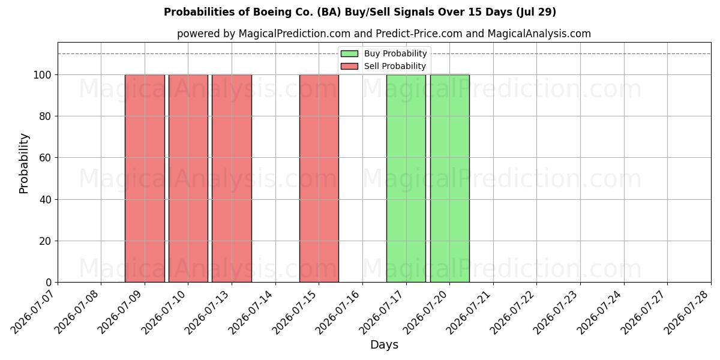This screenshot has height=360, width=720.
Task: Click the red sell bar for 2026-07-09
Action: click(145, 178)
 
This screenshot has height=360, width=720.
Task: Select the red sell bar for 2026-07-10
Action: click(188, 178)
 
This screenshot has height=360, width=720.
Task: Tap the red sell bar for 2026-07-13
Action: click(232, 178)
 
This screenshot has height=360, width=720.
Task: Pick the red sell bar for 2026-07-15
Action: click(319, 178)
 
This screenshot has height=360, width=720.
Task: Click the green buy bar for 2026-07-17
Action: click(406, 178)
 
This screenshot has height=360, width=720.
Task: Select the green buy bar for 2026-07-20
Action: click(450, 178)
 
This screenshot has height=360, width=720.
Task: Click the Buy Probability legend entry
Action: click(384, 53)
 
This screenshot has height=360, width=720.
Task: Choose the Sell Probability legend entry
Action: click(383, 66)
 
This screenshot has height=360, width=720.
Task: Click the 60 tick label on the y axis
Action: click(46, 158)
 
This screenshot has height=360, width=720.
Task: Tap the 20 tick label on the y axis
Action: click(46, 241)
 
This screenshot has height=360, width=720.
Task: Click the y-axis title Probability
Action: click(24, 163)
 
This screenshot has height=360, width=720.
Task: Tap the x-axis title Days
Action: click(384, 345)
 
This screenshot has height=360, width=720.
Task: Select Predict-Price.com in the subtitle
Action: click(419, 34)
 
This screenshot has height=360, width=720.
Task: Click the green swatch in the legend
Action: click(349, 53)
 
